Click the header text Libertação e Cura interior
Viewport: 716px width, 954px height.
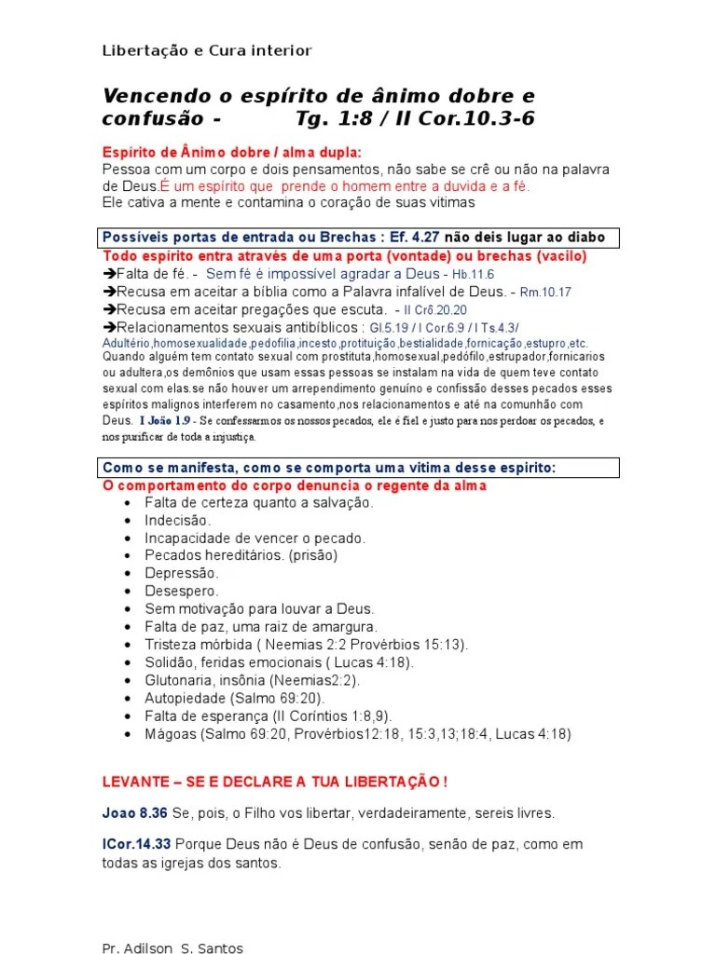pos(207,50)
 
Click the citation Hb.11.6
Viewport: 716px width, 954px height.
pos(474,274)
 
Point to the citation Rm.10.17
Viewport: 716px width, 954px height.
pos(545,292)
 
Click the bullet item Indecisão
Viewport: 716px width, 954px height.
pos(177,520)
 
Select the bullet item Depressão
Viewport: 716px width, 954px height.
pos(182,573)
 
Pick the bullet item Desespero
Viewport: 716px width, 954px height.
pos(182,591)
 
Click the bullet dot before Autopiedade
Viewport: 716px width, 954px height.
pos(127,698)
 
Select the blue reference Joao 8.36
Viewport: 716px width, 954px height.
pos(135,813)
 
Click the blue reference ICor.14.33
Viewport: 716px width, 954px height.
pos(137,845)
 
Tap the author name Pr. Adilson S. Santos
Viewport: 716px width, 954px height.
pos(172,948)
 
